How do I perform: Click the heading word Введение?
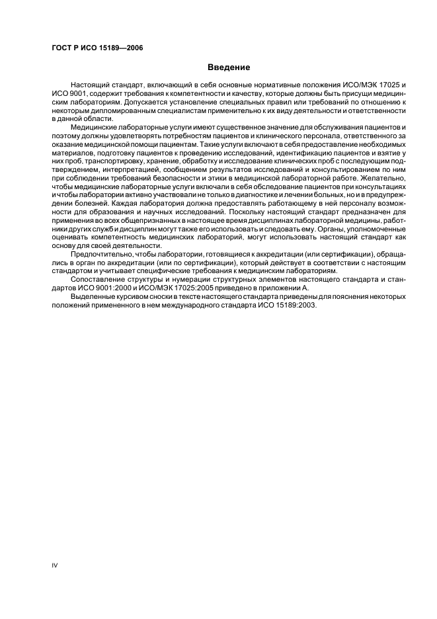(x=229, y=67)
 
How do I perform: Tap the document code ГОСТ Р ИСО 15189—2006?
(x=97, y=48)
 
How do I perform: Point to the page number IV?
(x=55, y=565)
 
